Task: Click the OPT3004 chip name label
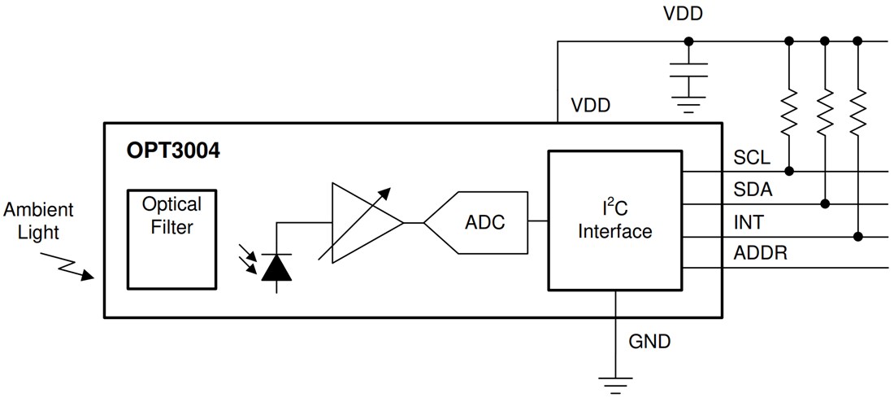(173, 151)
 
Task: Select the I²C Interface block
(614, 220)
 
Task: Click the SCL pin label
(752, 157)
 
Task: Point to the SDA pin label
(753, 190)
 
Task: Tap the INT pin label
(749, 221)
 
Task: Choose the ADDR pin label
(760, 254)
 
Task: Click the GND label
(649, 341)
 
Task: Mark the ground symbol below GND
(615, 382)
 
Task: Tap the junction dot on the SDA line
(824, 203)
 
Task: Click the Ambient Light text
(38, 221)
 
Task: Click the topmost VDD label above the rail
(684, 14)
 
